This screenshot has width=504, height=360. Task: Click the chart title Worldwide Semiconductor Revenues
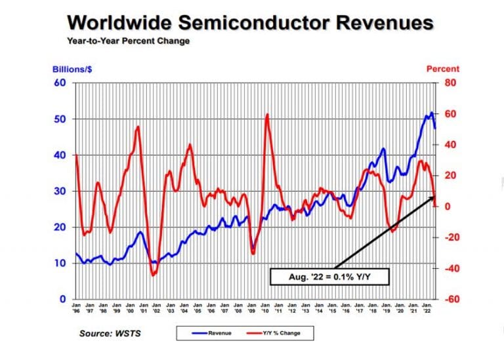point(250,22)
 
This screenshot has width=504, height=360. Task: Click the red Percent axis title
point(443,69)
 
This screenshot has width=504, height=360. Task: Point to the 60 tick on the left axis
point(60,83)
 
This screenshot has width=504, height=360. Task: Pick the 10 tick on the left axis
point(60,263)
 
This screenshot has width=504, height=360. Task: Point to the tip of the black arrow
point(435,195)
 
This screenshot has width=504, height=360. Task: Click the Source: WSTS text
point(111,333)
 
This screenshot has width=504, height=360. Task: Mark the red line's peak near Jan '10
point(267,115)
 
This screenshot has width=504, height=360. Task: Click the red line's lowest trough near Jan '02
point(154,275)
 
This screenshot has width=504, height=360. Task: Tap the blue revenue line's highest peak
point(431,113)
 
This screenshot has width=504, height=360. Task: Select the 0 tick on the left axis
point(62,299)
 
